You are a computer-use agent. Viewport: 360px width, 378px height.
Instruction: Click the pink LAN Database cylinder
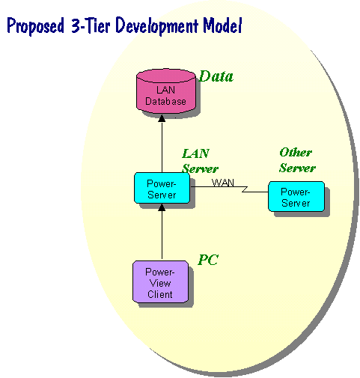(x=166, y=91)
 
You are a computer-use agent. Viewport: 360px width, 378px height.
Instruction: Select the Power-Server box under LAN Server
(x=162, y=188)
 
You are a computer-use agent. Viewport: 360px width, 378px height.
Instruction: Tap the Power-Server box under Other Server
(x=296, y=196)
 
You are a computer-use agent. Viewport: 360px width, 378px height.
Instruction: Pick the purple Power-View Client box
(x=160, y=281)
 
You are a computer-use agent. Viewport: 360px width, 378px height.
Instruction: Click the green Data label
(x=216, y=76)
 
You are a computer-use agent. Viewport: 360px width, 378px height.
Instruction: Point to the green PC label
(x=208, y=260)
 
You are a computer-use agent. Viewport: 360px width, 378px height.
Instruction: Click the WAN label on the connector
(x=223, y=183)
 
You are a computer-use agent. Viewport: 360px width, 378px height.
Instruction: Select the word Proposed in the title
(x=35, y=26)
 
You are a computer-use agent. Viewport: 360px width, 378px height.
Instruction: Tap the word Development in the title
(x=157, y=26)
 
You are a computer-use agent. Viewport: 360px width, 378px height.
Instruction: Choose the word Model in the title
(x=222, y=25)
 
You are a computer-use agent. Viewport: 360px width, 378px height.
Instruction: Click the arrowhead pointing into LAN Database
(x=162, y=118)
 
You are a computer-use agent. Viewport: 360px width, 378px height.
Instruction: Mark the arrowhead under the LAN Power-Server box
(x=162, y=207)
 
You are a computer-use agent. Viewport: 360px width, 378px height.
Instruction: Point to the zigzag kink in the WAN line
(x=245, y=189)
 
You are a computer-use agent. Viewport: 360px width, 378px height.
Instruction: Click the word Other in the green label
(x=296, y=152)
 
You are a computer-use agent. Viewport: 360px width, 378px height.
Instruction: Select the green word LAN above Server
(x=196, y=153)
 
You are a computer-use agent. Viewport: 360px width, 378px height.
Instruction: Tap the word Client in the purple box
(x=160, y=294)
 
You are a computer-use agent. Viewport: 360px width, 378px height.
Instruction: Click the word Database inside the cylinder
(x=165, y=101)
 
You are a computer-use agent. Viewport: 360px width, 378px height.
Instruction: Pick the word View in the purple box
(x=160, y=283)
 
